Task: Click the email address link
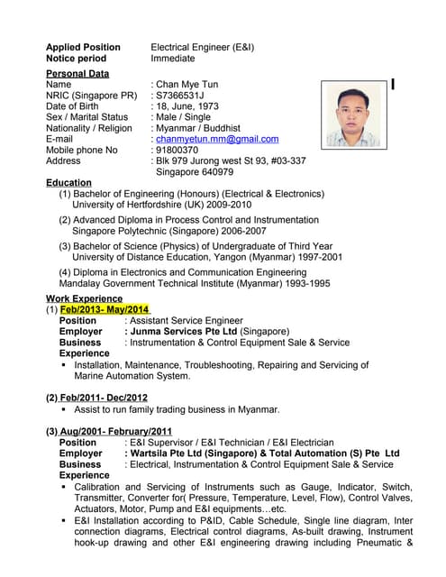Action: point(217,139)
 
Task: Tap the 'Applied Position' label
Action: point(83,47)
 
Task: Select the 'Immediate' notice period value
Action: point(172,58)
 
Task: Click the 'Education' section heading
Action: point(68,183)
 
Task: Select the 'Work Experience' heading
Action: point(84,298)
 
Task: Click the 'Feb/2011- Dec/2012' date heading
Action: point(96,398)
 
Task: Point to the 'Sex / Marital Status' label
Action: point(86,117)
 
